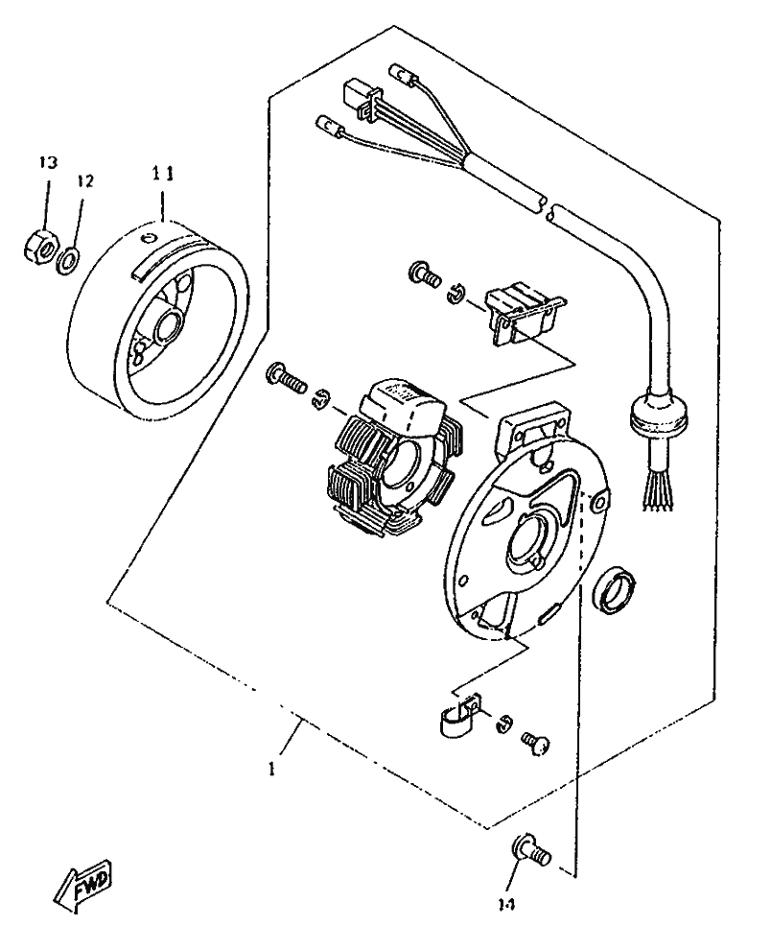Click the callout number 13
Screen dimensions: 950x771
coord(48,160)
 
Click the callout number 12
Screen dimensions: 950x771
coord(85,180)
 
